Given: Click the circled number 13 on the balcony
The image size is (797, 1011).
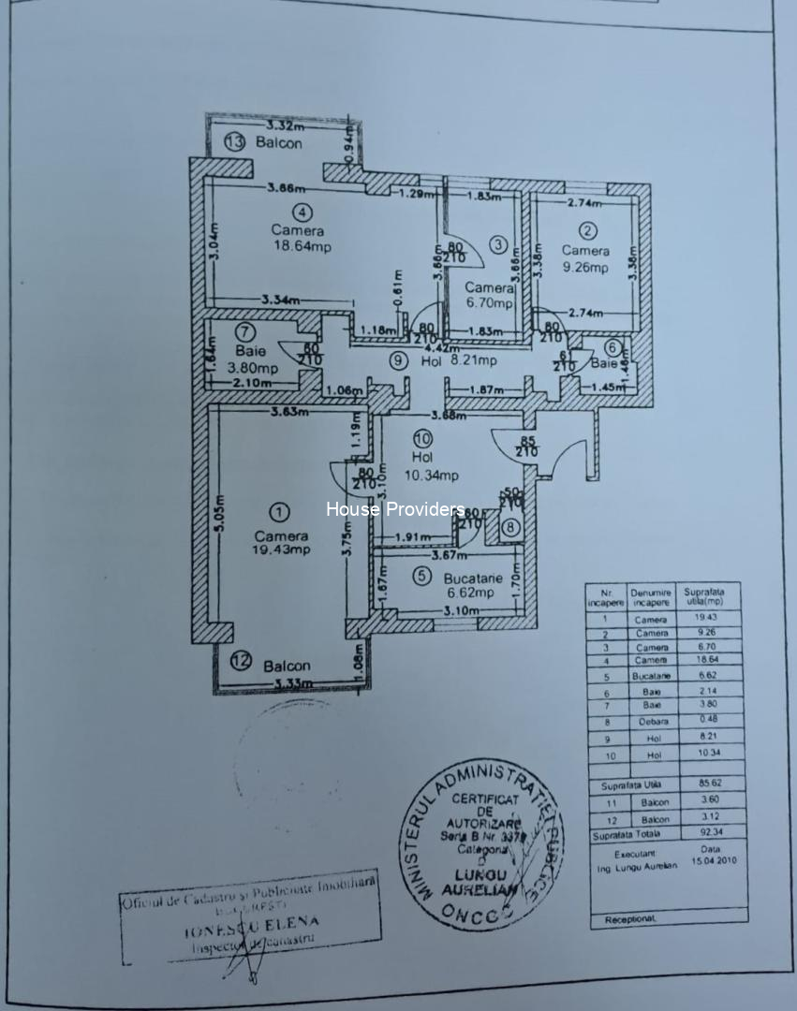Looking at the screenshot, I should coord(234,142).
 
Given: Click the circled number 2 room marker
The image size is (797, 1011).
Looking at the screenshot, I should coord(587,230).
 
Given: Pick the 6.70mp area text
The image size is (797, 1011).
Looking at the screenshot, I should coord(490,302).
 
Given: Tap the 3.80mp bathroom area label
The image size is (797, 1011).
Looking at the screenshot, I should coord(246,367).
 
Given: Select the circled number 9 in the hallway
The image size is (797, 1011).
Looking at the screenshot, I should coord(398,359).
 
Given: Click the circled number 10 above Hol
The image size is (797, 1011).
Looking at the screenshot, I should coord(421,438).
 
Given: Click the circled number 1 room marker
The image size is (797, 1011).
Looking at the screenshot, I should coord(279,512).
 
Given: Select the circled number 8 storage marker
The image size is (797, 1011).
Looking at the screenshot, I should coord(509,528).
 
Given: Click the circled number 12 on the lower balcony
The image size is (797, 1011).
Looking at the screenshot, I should coord(242,661).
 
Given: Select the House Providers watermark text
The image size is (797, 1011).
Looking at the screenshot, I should coord(395,509).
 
